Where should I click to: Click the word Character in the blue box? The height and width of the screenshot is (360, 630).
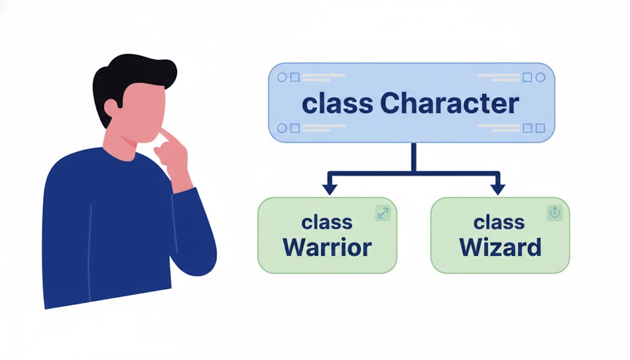point(450,103)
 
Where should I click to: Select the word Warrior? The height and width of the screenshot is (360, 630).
point(327,247)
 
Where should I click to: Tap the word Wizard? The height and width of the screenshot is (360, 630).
point(500,247)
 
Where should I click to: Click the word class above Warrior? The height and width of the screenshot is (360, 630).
point(327,222)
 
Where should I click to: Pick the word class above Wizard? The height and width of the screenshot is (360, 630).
point(499,222)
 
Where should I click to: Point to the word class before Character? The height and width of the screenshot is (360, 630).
point(337,103)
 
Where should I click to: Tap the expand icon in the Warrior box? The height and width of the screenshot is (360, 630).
point(383,214)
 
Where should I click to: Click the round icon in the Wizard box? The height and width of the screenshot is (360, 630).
point(554,213)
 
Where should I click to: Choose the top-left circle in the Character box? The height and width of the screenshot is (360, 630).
point(282,78)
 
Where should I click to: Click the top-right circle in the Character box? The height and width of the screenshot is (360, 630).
point(540,78)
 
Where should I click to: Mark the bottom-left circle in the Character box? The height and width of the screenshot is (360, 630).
point(282,128)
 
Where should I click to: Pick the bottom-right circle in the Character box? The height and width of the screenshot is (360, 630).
point(540,128)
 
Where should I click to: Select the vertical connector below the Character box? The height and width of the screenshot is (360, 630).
point(413,156)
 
